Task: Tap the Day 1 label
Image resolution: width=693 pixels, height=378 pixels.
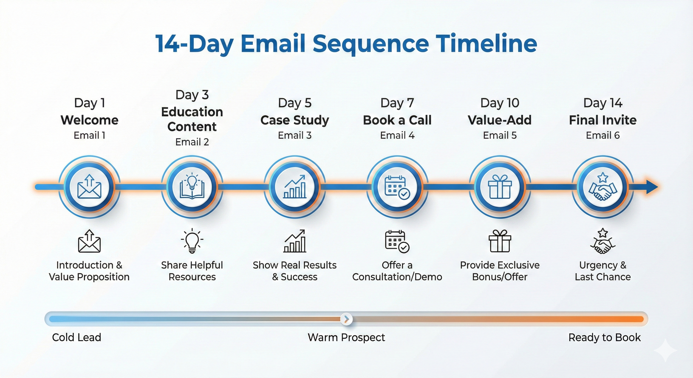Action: point(89,103)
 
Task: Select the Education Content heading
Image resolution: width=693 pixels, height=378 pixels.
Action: point(192,119)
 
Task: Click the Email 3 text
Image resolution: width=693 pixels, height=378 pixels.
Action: point(295,135)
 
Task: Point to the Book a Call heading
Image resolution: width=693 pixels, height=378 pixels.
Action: point(397,120)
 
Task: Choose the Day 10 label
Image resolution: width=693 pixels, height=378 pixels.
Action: point(500,103)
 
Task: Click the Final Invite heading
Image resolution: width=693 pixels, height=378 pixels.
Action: point(603,120)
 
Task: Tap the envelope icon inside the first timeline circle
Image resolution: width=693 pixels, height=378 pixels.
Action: point(89,186)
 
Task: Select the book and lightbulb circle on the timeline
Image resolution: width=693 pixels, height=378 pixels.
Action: point(192,187)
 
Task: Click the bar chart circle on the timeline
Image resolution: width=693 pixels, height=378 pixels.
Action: point(295,187)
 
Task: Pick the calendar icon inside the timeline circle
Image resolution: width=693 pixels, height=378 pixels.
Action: point(397,187)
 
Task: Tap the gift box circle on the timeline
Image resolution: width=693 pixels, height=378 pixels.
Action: point(500,187)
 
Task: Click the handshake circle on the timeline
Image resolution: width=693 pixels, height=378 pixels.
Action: point(603,187)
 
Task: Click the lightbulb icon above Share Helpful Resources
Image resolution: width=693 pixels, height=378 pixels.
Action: point(192,241)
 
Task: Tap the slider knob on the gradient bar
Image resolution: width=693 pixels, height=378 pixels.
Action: point(346,319)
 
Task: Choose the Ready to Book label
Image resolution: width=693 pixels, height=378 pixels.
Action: point(604,337)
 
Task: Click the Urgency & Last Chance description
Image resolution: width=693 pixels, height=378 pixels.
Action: point(603,271)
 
